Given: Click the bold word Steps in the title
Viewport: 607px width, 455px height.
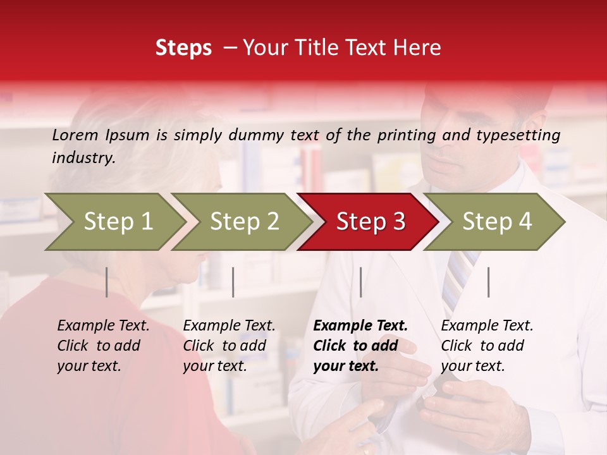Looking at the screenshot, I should (183, 48).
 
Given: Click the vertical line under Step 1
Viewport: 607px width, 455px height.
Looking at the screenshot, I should (107, 282).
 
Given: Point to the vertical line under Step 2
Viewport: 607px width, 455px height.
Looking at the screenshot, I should (233, 282).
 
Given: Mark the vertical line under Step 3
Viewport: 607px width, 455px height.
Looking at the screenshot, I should (360, 282).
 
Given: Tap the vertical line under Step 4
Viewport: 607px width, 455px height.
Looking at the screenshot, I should (488, 282).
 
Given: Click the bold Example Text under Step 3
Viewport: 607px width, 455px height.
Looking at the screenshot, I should (360, 326).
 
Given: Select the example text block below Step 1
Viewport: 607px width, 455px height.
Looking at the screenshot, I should (103, 346).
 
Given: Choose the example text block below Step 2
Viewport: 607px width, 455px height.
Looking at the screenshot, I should (229, 346).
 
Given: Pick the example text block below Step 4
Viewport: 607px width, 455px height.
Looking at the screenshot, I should (487, 346).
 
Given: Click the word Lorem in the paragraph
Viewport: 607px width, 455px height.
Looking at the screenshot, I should (75, 135).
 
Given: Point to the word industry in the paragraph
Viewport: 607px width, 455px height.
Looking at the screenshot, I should (83, 158).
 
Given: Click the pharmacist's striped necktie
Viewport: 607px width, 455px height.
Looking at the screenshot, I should (457, 278).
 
